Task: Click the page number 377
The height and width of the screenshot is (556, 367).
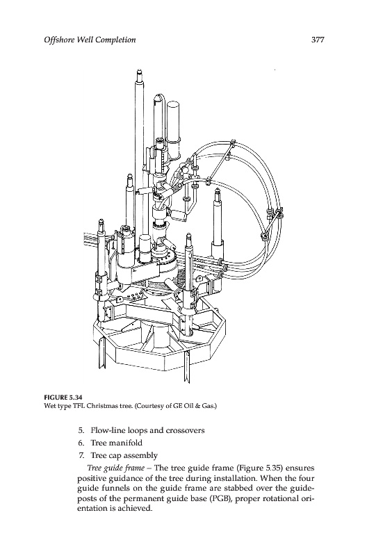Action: coord(318,40)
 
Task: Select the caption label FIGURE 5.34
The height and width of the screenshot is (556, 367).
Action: coord(60,396)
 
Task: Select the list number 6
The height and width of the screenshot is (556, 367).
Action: coord(81,443)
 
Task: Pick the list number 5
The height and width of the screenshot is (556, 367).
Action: coord(81,430)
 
